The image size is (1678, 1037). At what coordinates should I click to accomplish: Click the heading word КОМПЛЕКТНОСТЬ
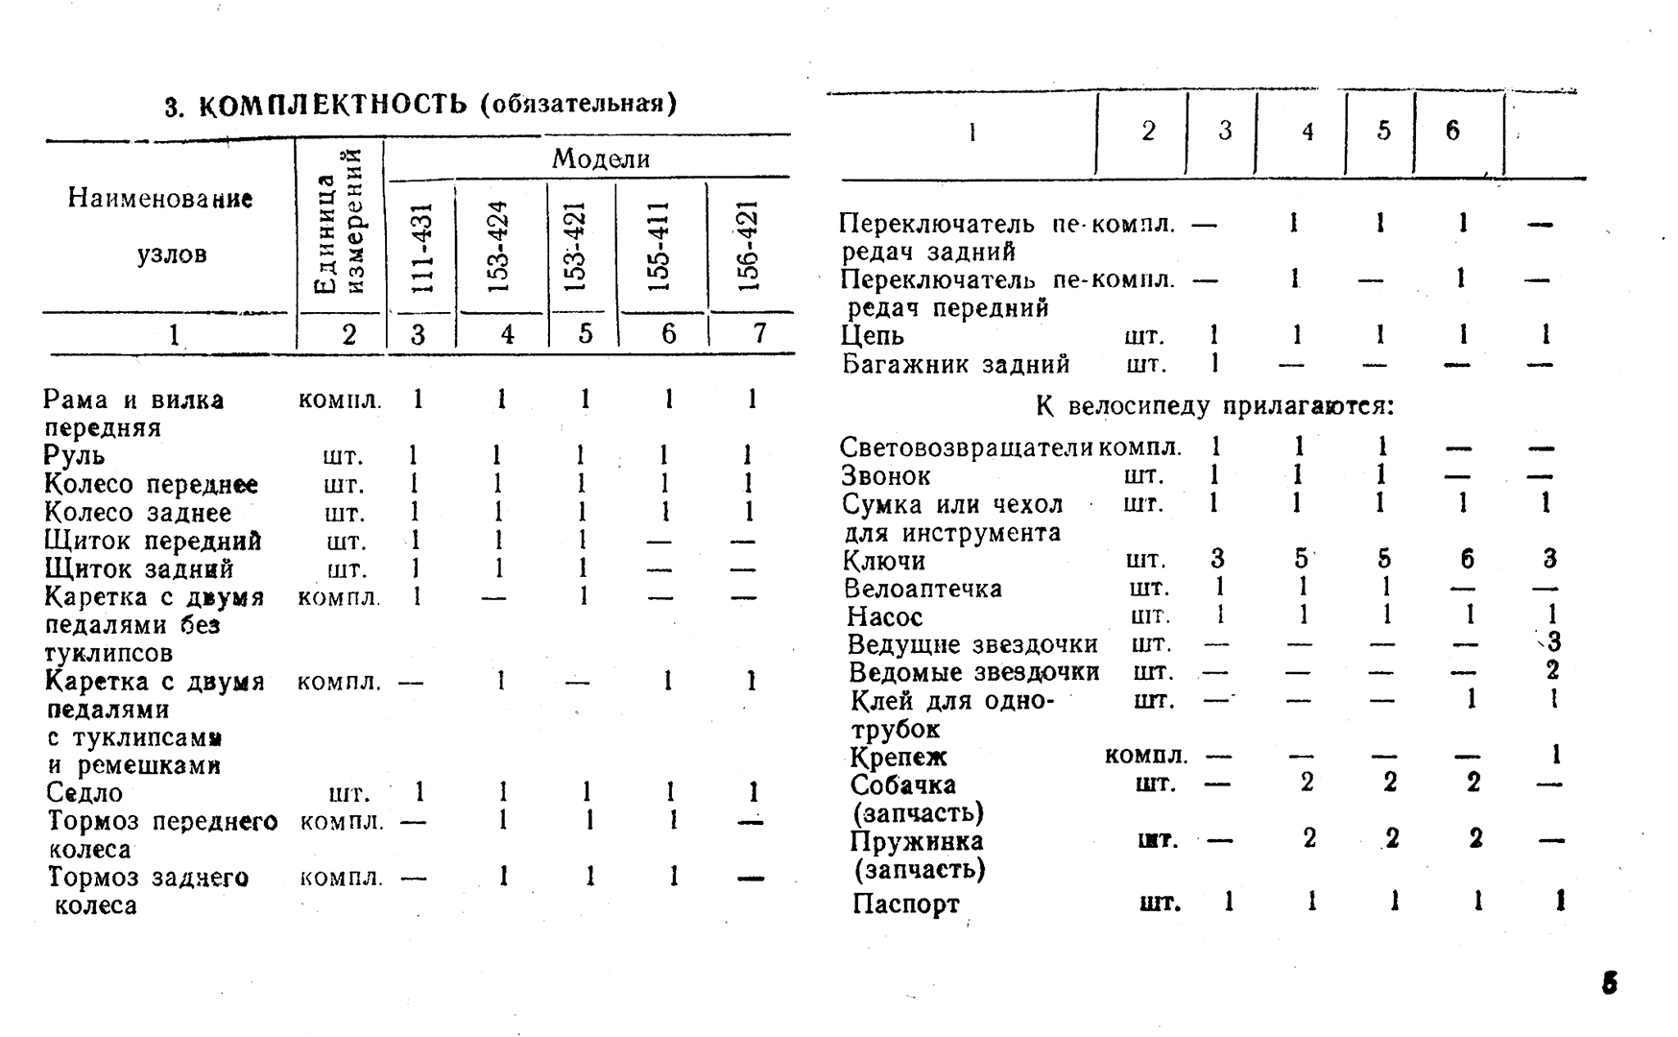(x=332, y=105)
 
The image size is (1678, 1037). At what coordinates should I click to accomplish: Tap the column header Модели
(x=600, y=158)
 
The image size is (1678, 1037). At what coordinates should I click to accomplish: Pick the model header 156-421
(x=750, y=247)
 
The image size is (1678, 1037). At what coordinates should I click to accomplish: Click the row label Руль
(x=75, y=455)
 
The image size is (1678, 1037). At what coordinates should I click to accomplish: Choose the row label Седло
(x=84, y=793)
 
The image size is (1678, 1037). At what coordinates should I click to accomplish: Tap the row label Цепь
(x=873, y=336)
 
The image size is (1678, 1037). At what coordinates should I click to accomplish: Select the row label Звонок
(x=886, y=475)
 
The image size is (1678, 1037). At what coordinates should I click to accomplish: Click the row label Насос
(x=884, y=616)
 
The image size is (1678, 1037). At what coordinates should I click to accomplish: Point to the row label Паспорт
(x=905, y=904)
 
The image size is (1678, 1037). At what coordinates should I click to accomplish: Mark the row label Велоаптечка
(x=923, y=588)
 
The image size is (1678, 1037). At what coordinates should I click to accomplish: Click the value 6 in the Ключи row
(x=1466, y=559)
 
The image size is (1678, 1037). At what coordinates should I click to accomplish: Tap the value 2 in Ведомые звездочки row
(x=1552, y=670)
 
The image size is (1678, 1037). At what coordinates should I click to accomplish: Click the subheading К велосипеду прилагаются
(x=1214, y=406)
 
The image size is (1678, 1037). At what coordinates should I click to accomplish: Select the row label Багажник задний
(x=956, y=365)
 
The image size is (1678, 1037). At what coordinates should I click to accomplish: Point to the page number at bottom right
(x=1610, y=983)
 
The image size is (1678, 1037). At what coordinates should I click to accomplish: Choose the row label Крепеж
(x=899, y=757)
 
